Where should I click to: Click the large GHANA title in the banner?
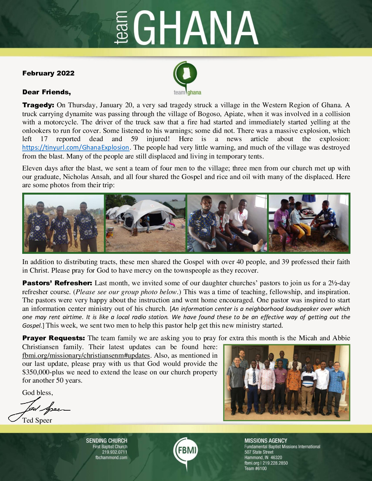(x=196, y=28)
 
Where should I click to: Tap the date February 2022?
(x=48, y=73)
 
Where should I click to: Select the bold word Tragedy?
(x=38, y=105)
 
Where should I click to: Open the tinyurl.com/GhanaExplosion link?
(x=76, y=148)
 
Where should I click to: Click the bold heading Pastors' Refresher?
(x=57, y=283)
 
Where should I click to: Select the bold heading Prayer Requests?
(x=53, y=338)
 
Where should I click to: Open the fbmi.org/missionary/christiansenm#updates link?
(x=86, y=355)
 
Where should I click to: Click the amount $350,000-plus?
(x=42, y=372)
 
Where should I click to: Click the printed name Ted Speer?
(x=37, y=421)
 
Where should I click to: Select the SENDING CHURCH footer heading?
(x=106, y=441)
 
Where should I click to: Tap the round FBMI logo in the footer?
(x=186, y=450)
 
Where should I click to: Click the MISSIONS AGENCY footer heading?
(x=266, y=441)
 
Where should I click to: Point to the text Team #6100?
(x=255, y=469)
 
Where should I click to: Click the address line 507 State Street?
(x=259, y=452)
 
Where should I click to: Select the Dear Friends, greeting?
(x=46, y=92)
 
